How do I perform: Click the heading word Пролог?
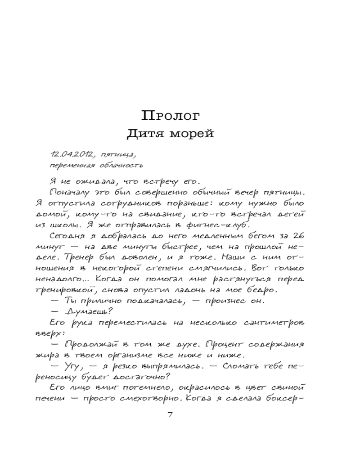tap(171, 116)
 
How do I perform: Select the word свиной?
tap(288, 387)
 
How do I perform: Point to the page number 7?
tap(170, 415)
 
